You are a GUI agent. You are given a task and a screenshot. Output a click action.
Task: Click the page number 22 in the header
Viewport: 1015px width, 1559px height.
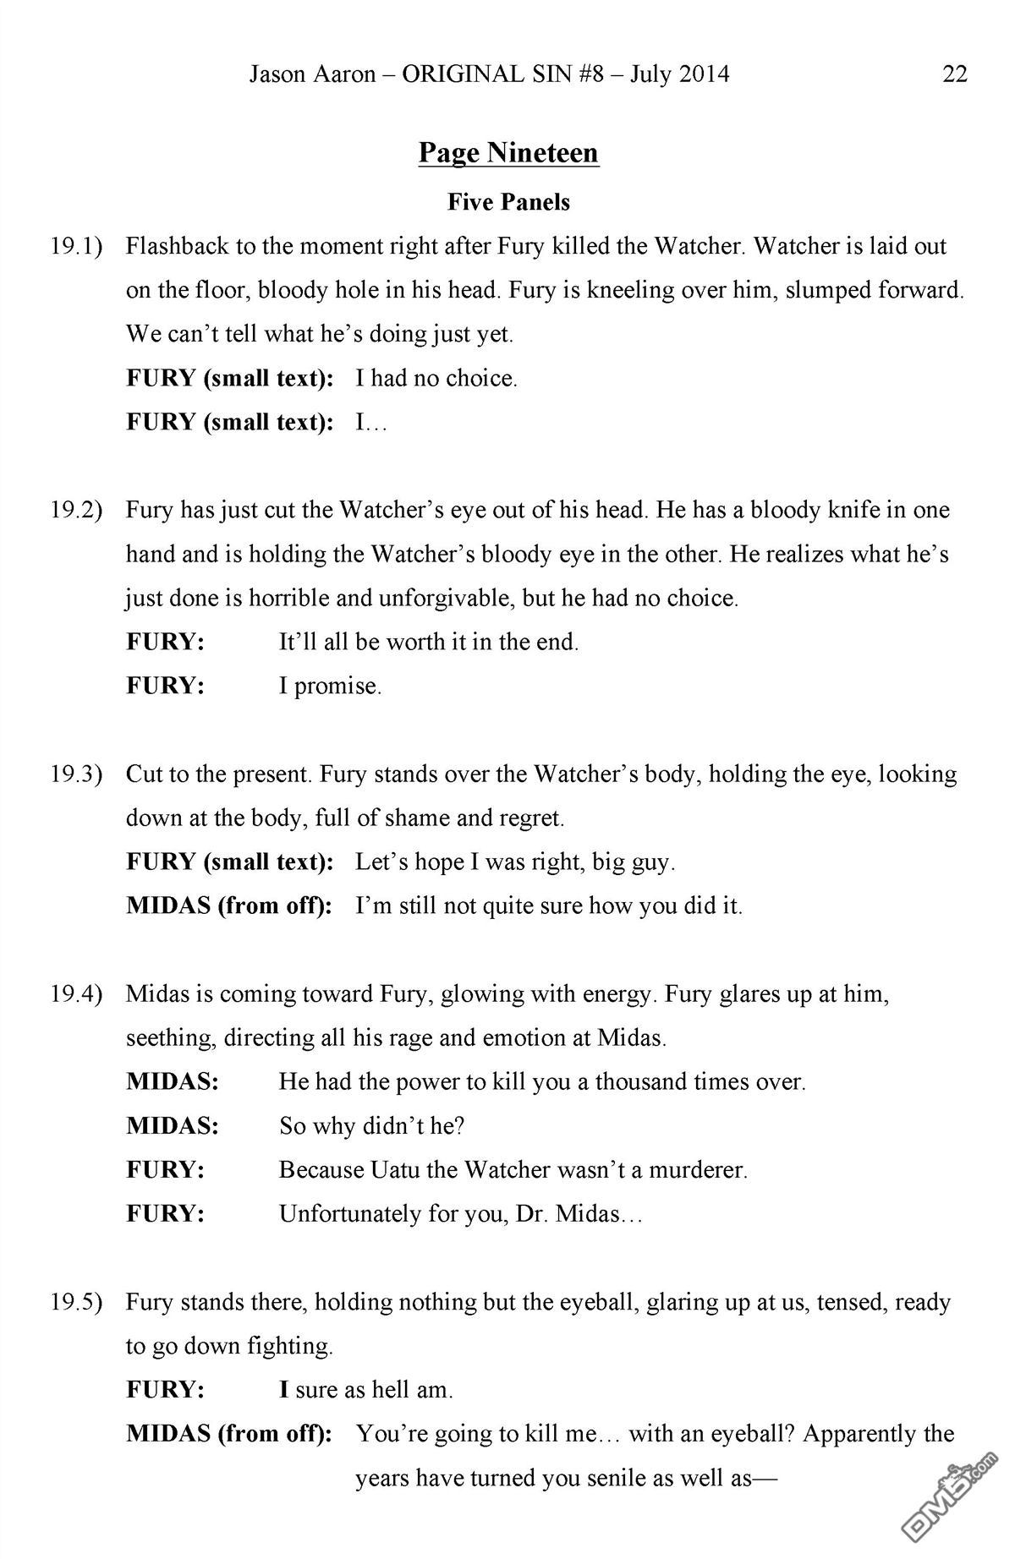coord(954,74)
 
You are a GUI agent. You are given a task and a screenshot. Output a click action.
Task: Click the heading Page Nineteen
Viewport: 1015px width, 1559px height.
coord(508,153)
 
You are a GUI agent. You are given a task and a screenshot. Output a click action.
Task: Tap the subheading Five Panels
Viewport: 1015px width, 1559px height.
coord(508,202)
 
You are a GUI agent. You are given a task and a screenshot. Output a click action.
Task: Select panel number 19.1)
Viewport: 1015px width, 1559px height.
coord(76,247)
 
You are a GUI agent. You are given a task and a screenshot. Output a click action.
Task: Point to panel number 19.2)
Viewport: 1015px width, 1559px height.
coord(76,511)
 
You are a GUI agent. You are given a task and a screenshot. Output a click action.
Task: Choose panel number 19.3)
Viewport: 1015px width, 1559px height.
coord(76,774)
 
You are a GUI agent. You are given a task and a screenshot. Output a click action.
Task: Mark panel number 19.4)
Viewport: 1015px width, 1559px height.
coord(76,994)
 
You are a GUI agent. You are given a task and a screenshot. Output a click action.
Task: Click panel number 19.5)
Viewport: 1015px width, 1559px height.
coord(76,1302)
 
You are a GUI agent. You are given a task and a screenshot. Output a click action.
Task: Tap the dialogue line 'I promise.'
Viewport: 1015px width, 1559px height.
coord(330,687)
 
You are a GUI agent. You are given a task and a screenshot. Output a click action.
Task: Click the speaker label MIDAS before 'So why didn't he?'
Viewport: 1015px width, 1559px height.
coord(173,1126)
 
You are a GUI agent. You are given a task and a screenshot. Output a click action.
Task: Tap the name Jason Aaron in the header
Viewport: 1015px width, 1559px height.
coord(312,74)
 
